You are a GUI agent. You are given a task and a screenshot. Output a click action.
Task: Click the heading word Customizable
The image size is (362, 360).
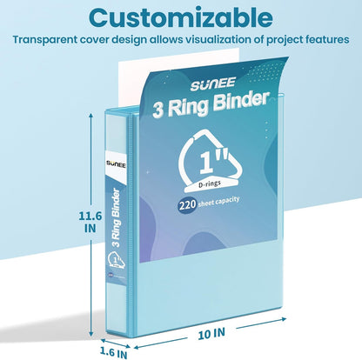pos(181,17)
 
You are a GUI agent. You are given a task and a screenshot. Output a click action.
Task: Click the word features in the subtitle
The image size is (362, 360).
pos(324,39)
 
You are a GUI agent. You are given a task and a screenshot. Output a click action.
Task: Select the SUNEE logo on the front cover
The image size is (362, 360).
pos(212,83)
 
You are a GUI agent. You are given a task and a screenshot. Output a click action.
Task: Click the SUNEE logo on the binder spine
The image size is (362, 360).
pos(116,164)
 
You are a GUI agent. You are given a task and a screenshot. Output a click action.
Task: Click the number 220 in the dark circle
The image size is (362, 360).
pos(187,205)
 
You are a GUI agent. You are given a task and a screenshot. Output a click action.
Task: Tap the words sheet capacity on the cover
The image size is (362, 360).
pos(219,202)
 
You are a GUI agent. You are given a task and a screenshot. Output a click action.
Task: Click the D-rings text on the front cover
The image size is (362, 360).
pos(210,183)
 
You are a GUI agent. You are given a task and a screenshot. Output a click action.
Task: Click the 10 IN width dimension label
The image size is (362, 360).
pos(211,334)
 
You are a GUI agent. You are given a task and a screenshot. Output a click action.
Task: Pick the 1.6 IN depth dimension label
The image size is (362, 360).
pos(113,353)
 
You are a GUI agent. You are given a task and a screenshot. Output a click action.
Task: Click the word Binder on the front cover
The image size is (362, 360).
pos(240,102)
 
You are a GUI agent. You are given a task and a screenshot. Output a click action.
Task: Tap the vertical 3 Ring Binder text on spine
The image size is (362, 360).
pos(116,218)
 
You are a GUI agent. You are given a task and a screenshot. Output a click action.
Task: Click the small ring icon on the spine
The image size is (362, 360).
pos(116,260)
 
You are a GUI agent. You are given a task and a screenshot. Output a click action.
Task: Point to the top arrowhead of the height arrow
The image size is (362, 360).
pos(90,116)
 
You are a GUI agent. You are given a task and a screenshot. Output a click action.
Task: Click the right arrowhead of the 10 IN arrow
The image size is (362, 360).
pos(284,319)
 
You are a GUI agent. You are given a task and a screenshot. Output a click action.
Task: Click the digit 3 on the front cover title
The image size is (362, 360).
pos(158,110)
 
